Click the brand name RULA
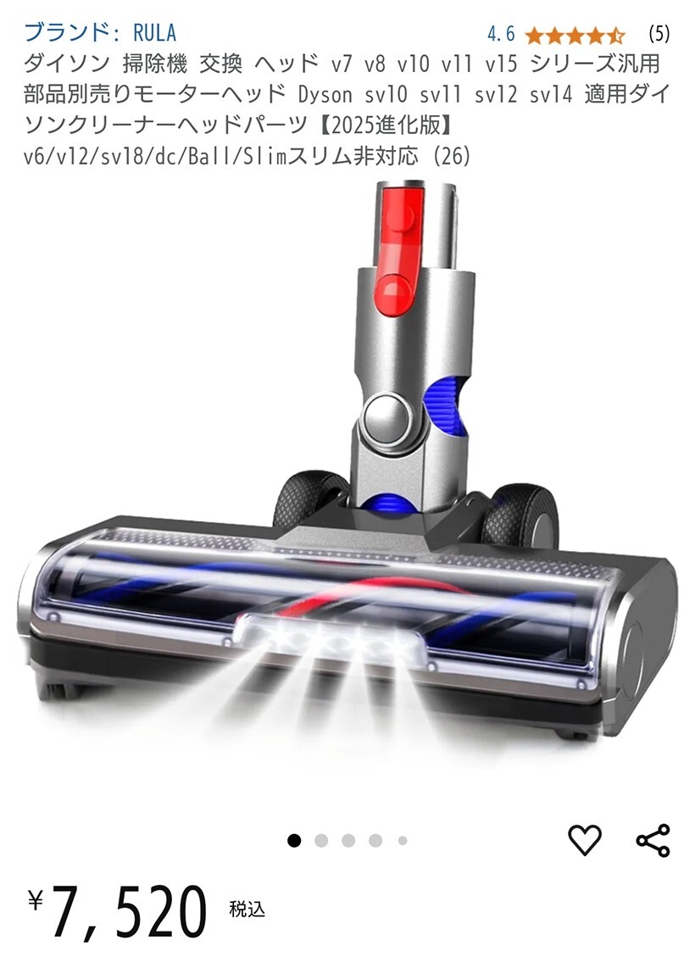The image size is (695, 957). (x=155, y=31)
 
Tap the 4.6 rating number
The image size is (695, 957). (x=501, y=34)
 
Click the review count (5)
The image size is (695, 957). (x=659, y=34)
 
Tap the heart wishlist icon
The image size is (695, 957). (x=585, y=840)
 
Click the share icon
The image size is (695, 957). (x=653, y=840)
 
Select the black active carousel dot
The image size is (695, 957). (x=294, y=840)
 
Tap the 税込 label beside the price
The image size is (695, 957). (x=247, y=909)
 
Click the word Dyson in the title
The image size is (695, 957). (x=325, y=95)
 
